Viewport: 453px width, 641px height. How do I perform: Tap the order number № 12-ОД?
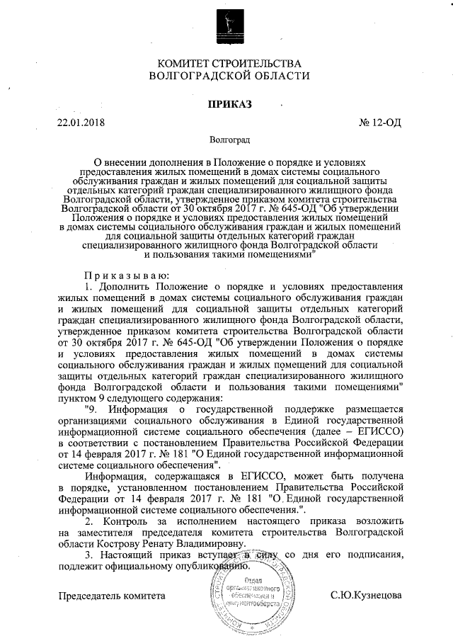[x=381, y=122]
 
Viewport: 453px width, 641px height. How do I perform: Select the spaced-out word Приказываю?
[x=125, y=275]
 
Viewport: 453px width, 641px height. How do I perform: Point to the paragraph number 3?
[x=88, y=554]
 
